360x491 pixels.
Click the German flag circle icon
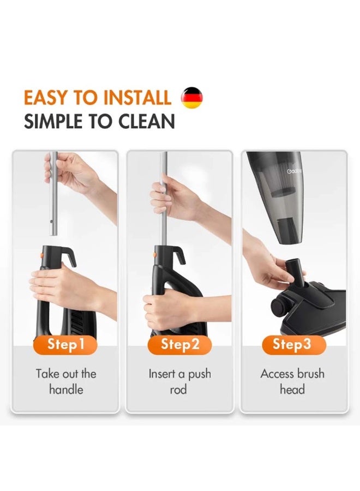coord(191,98)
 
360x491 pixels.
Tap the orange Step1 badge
coord(65,344)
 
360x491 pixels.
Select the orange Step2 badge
coord(179,344)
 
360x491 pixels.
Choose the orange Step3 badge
coord(294,344)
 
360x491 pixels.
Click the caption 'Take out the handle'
coord(66,381)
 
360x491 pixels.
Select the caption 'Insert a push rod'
coord(179,381)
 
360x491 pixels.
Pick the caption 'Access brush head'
coord(292,381)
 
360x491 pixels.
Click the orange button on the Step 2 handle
coord(155,255)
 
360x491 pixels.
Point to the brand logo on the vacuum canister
coord(294,171)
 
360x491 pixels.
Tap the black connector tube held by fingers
coord(295,271)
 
